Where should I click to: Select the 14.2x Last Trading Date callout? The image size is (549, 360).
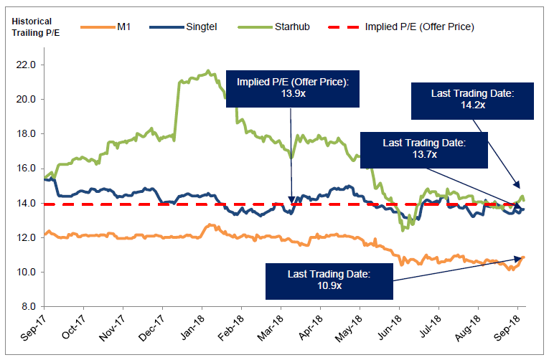coord(474,99)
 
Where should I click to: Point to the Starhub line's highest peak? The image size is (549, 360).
coord(207,71)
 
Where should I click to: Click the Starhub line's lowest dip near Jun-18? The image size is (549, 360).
coord(404,229)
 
